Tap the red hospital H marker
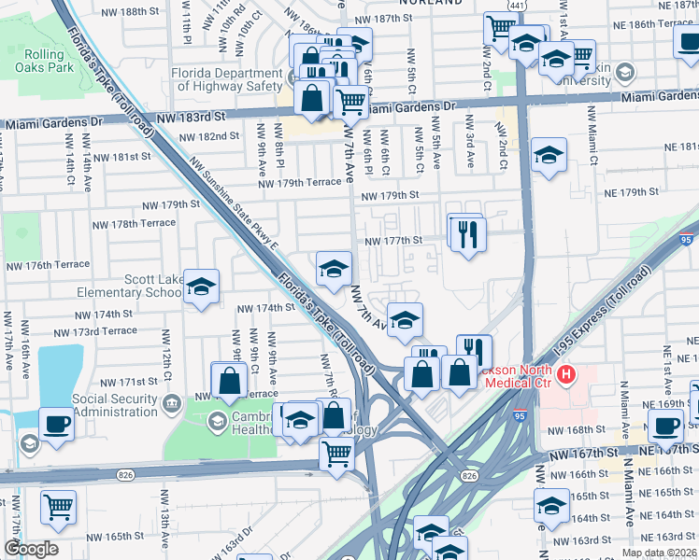click(565, 376)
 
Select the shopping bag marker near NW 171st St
click(229, 379)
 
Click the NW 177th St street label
click(393, 240)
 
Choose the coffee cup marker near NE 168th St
click(665, 425)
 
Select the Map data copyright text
click(659, 553)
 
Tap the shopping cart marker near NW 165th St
click(58, 507)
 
